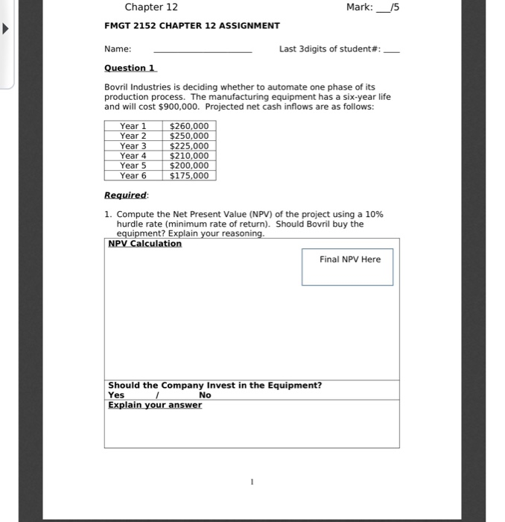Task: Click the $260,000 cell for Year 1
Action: pos(188,126)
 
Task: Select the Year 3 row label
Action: pos(133,146)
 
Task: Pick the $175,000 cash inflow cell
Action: pos(188,176)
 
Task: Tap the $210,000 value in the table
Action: pos(188,156)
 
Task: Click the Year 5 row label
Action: pos(133,166)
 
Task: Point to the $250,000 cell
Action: pos(188,136)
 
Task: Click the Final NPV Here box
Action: pos(347,267)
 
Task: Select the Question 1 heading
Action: pos(130,68)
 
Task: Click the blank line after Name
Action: pos(202,50)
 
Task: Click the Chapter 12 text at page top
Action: pos(151,7)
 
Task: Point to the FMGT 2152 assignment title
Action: pos(192,25)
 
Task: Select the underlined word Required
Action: pos(126,195)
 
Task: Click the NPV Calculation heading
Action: pos(144,244)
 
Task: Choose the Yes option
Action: pos(116,395)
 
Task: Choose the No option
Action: pos(205,395)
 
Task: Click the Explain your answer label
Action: pos(154,405)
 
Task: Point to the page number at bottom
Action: pos(252,482)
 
